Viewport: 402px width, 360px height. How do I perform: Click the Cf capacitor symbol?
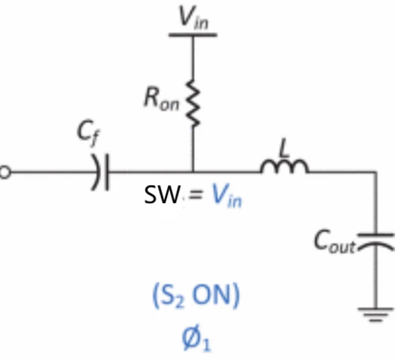pyautogui.click(x=101, y=173)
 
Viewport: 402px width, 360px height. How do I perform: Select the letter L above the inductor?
pyautogui.click(x=285, y=149)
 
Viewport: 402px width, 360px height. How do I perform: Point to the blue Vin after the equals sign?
pyautogui.click(x=226, y=195)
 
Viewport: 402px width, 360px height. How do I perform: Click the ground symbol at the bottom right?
pyautogui.click(x=376, y=312)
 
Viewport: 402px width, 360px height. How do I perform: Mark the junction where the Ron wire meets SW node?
pyautogui.click(x=193, y=173)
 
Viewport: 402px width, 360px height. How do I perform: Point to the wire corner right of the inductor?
pyautogui.click(x=376, y=173)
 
